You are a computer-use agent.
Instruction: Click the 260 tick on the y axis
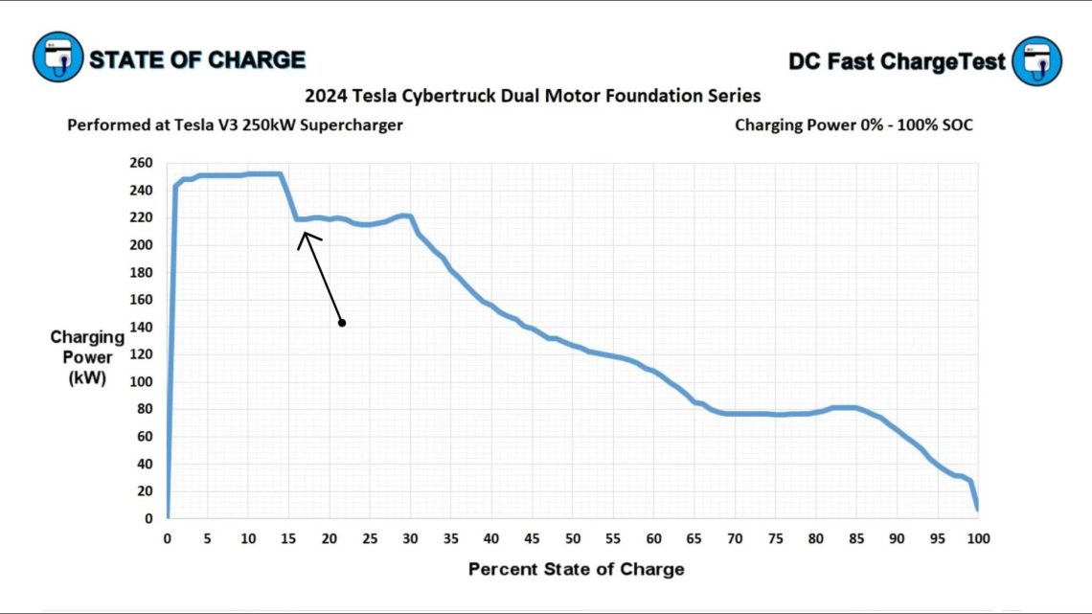click(141, 163)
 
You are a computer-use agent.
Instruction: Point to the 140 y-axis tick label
click(141, 327)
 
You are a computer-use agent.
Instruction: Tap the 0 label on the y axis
click(148, 518)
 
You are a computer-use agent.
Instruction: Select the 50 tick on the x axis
click(572, 538)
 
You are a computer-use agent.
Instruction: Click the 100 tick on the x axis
click(976, 538)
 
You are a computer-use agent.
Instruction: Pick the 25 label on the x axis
click(370, 538)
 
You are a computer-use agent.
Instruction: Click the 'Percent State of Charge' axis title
click(576, 569)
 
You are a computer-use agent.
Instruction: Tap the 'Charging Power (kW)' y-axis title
click(87, 357)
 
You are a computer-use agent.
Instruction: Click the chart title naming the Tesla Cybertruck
click(533, 96)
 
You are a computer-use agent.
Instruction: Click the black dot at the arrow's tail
click(342, 323)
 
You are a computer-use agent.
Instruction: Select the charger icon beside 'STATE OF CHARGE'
click(58, 58)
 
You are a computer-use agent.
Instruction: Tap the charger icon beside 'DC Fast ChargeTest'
click(1036, 60)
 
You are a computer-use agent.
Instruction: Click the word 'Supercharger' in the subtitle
click(356, 125)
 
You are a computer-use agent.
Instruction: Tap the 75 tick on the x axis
click(774, 538)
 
